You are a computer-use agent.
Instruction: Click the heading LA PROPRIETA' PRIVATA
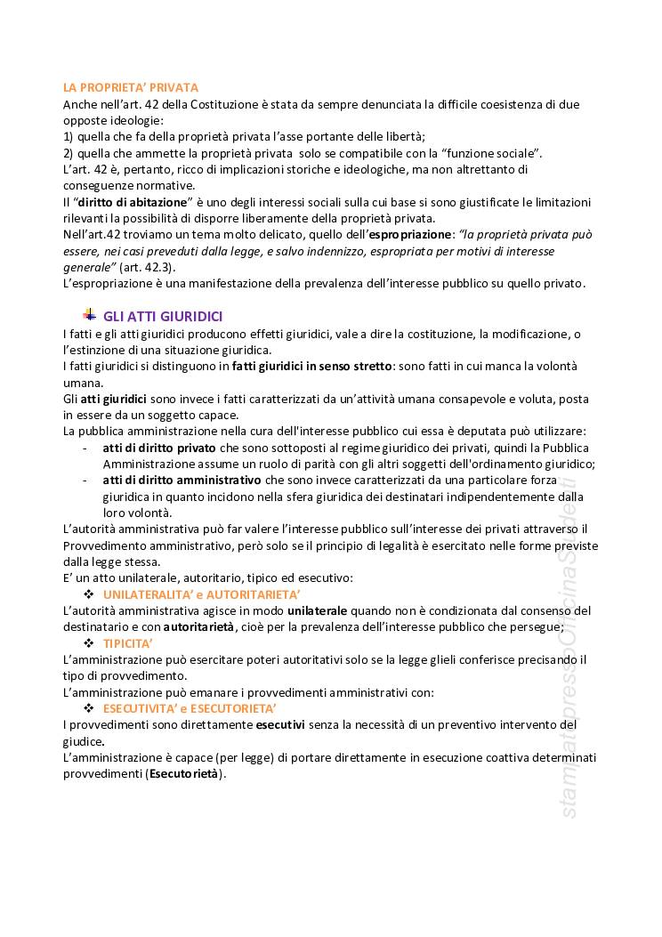[x=130, y=87]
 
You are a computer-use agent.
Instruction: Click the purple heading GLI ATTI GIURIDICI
[x=163, y=317]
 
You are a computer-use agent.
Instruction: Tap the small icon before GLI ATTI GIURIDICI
[x=89, y=315]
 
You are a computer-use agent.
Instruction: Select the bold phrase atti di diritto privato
[x=159, y=448]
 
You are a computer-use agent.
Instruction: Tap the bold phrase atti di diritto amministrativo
[x=182, y=481]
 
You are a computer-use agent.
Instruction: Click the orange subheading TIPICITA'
[x=128, y=642]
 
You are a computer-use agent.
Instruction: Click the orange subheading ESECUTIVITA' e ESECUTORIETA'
[x=190, y=708]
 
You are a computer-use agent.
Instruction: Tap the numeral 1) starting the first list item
[x=69, y=136]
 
